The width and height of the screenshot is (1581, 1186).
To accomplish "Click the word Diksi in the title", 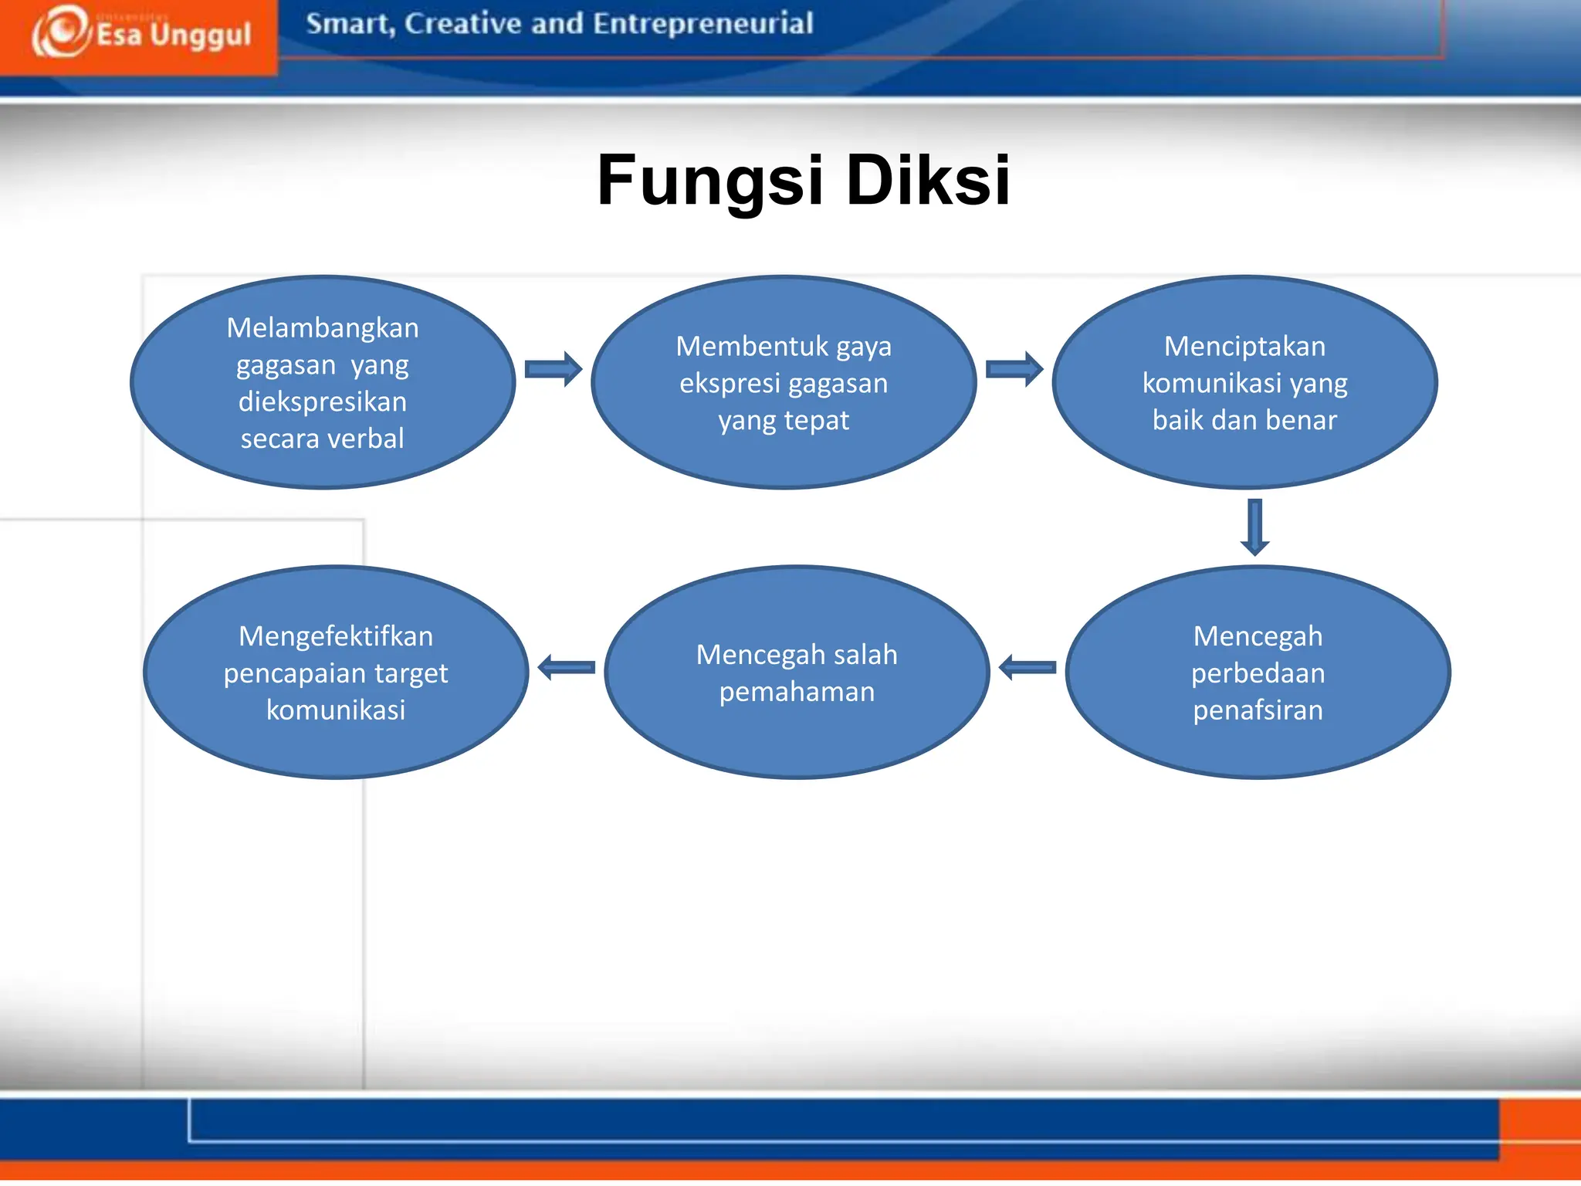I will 928,181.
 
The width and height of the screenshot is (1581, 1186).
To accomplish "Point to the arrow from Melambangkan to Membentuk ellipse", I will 553,369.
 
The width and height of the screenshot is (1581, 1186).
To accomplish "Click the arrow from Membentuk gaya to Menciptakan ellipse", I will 1014,369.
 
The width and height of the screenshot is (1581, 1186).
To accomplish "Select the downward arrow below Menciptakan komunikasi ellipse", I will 1255,527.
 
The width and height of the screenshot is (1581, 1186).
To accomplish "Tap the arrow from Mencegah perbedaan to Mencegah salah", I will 1027,667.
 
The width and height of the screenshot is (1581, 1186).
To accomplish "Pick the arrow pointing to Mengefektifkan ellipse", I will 567,667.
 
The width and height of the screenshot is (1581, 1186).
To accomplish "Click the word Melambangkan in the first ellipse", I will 323,328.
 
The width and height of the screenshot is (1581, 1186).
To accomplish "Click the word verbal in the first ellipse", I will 365,439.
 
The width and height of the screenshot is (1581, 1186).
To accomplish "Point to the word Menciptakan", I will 1244,346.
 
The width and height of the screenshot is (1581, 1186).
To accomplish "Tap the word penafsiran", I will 1258,710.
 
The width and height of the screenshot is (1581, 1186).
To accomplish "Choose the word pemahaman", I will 797,692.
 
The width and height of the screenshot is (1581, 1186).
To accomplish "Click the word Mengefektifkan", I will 336,636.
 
